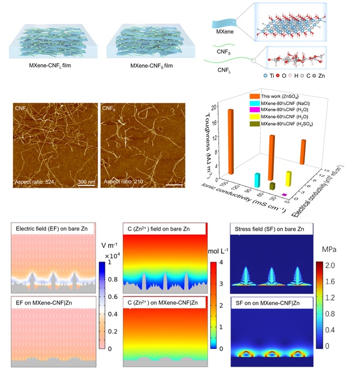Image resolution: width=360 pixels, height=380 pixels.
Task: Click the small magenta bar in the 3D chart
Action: [x=285, y=195]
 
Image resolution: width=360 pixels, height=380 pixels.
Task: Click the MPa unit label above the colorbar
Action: [x=328, y=249]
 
